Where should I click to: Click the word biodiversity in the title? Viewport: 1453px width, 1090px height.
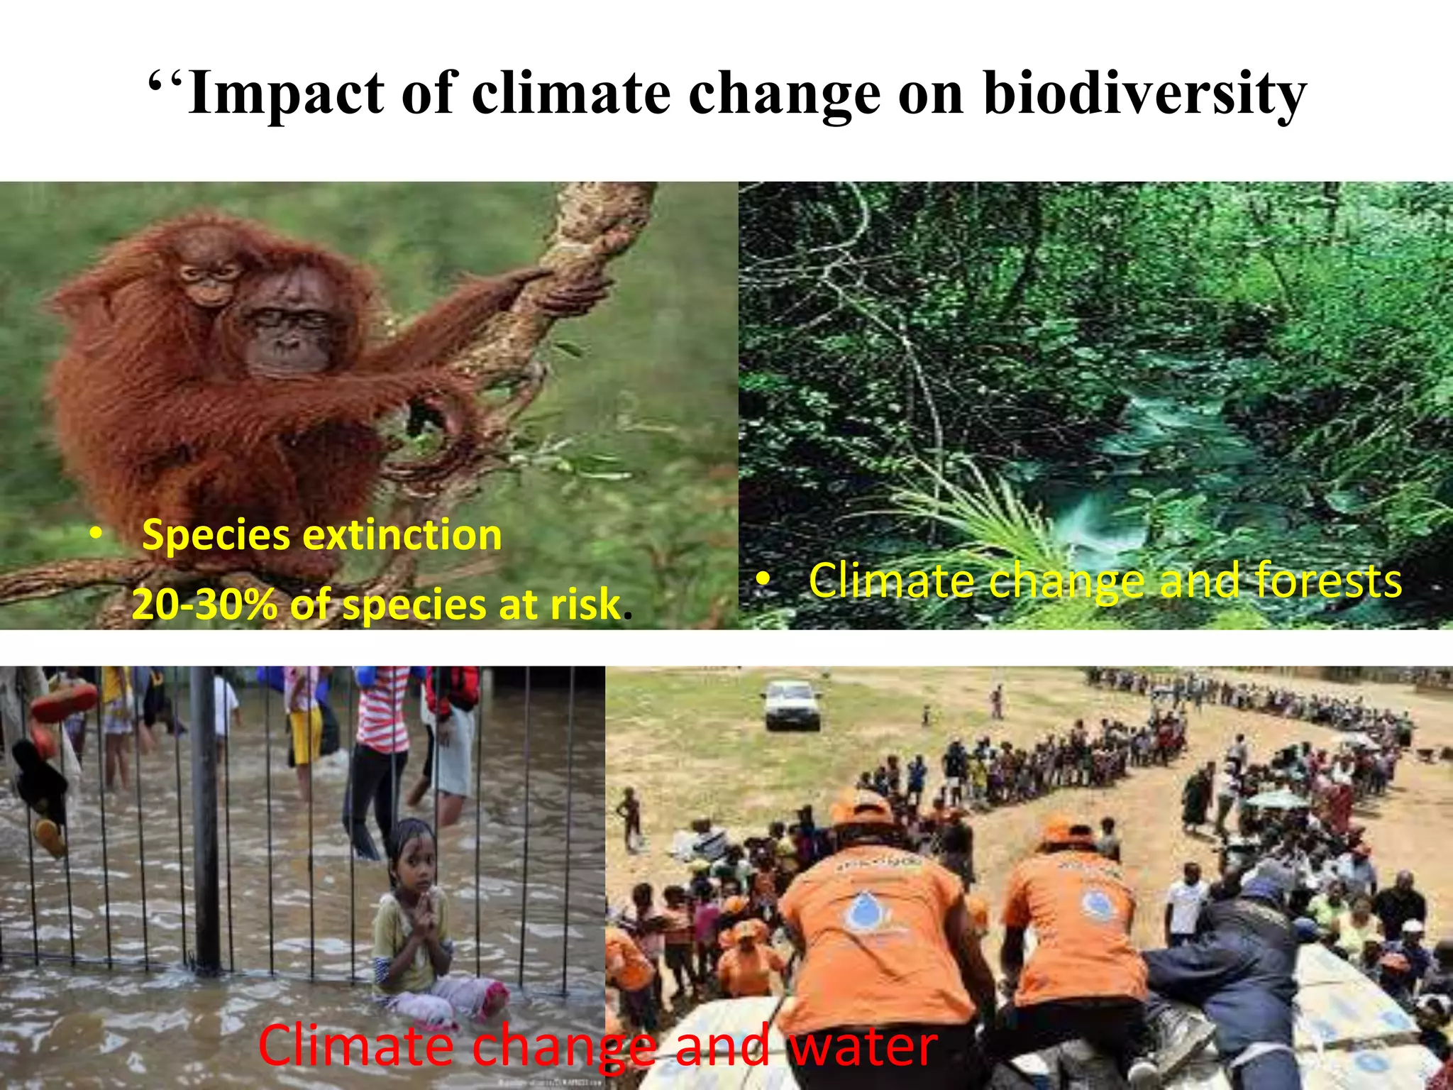click(x=1144, y=94)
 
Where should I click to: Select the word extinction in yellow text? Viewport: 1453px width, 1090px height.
click(x=402, y=535)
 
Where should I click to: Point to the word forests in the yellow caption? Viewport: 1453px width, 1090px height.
click(x=1328, y=581)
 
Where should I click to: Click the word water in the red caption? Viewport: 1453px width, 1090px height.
click(x=863, y=1045)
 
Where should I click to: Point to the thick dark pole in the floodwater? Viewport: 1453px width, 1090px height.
click(x=206, y=816)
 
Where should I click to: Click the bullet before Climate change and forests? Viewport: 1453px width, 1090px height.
click(x=762, y=580)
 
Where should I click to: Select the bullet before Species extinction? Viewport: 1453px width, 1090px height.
click(x=96, y=535)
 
